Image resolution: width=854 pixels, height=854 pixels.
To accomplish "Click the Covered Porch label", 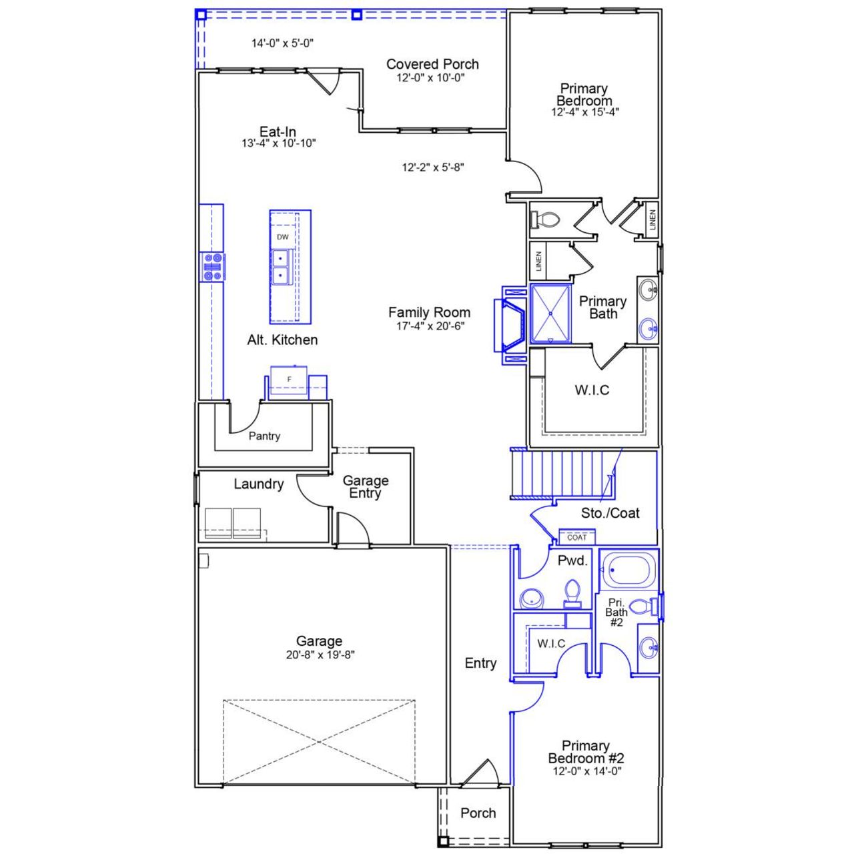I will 432,64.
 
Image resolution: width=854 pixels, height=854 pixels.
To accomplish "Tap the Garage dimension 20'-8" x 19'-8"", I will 320,655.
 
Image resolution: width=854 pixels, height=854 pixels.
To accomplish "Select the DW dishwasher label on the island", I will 283,237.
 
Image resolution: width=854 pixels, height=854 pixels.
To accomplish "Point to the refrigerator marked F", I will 290,380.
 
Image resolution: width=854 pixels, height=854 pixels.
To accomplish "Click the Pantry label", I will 264,436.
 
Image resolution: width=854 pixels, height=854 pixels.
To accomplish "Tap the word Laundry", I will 258,484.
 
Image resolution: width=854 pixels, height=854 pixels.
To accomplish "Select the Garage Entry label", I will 365,486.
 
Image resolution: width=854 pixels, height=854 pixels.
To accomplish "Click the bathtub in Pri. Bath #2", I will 627,570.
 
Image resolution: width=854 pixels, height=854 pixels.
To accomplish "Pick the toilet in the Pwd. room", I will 572,592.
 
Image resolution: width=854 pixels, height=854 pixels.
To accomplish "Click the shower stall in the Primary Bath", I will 550,313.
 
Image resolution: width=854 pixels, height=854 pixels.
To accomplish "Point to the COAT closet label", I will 577,537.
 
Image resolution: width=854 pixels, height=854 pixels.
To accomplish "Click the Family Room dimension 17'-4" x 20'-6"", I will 430,326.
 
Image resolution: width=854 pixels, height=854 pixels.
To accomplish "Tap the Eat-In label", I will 278,131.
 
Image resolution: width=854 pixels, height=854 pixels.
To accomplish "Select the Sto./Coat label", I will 610,513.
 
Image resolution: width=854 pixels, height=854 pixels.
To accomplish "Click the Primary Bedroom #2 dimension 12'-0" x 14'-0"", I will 586,771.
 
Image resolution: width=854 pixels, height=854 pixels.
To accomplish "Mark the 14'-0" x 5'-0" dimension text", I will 282,43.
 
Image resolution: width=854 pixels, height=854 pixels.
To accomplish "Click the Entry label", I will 480,663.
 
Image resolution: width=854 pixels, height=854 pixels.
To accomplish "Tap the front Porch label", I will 478,813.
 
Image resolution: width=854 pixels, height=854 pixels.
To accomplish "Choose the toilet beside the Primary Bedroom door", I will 546,220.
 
